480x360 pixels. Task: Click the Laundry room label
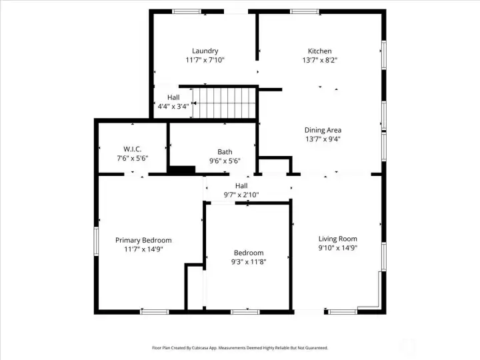(x=205, y=51)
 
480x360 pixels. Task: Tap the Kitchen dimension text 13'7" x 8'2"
(x=319, y=60)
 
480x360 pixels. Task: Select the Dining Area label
(x=323, y=130)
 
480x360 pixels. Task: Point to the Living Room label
(x=337, y=239)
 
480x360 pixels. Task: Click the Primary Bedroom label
(x=143, y=240)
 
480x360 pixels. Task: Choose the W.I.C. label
(x=133, y=149)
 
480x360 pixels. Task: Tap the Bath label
(x=225, y=152)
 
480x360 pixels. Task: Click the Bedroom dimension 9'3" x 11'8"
(x=249, y=262)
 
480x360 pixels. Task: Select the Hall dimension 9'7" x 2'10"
(x=241, y=195)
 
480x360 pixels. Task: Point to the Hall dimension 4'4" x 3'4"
(x=173, y=107)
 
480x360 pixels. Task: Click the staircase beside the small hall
(x=224, y=103)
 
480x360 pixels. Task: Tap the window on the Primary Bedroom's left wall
(x=96, y=241)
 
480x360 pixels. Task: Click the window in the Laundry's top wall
(x=187, y=11)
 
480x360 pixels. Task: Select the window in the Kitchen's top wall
(x=305, y=11)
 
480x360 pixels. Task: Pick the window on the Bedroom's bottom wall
(x=245, y=312)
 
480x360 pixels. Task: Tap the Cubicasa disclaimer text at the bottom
(x=240, y=348)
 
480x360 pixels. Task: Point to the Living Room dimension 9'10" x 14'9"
(x=337, y=247)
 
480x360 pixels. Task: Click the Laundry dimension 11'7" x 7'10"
(x=205, y=60)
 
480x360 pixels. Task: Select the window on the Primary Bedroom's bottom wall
(x=155, y=312)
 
